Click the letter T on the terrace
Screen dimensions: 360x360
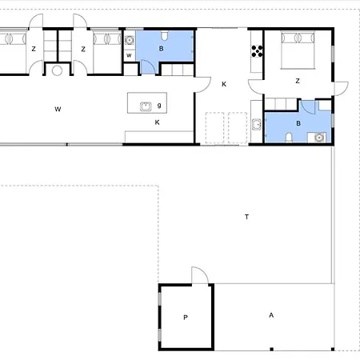[x=246, y=217]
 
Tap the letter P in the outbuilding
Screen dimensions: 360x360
[x=186, y=318]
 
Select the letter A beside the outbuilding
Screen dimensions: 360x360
[x=271, y=315]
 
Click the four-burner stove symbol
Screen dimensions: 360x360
[x=257, y=51]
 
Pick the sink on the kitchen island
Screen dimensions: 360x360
[x=146, y=106]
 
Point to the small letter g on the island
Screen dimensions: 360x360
[x=159, y=106]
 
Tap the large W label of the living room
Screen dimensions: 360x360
[x=58, y=109]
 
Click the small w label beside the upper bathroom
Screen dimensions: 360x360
[x=129, y=55]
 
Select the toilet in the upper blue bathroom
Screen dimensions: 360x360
[x=165, y=36]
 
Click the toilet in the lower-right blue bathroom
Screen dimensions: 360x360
[x=289, y=138]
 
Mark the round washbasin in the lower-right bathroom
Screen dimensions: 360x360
[x=319, y=138]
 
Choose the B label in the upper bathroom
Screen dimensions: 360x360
[x=161, y=49]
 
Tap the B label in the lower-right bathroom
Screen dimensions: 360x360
[x=298, y=123]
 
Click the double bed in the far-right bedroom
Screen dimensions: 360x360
[x=298, y=50]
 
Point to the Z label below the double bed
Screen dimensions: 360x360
[x=298, y=81]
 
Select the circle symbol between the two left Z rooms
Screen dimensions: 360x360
[x=57, y=70]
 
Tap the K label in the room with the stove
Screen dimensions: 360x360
[x=224, y=84]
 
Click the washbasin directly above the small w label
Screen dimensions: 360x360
[x=130, y=40]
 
